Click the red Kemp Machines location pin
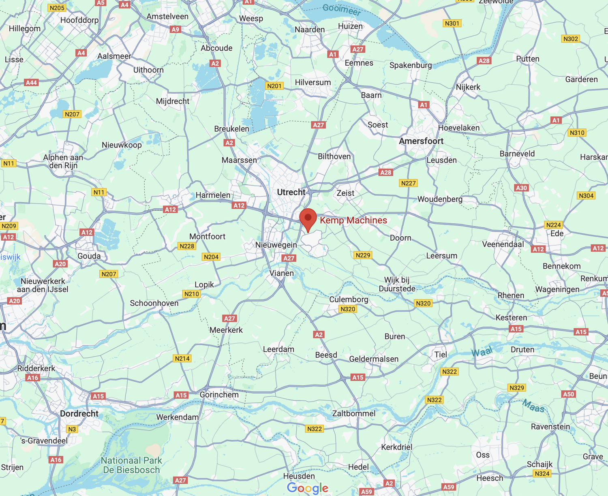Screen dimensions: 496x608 (x=308, y=219)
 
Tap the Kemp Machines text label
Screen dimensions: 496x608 (x=353, y=220)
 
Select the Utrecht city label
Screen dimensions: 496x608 (x=291, y=192)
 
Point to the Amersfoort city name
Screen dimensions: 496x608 (x=421, y=141)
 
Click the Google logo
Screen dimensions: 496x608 (x=308, y=488)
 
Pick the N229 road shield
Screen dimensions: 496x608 (x=363, y=255)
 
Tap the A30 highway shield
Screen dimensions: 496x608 (x=521, y=188)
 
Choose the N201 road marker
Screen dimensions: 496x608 (x=274, y=86)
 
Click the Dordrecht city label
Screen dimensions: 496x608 (x=79, y=414)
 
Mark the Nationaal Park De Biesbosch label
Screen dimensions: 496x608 (x=131, y=465)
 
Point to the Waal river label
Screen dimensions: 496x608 (x=482, y=352)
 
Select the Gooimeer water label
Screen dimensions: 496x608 (x=342, y=9)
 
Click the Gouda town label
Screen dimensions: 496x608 (x=89, y=256)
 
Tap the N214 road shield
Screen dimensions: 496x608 (x=182, y=358)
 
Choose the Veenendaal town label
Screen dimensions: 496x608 (x=503, y=244)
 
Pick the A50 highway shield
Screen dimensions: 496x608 (x=569, y=394)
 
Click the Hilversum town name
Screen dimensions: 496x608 (x=313, y=82)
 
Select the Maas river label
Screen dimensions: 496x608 (x=533, y=406)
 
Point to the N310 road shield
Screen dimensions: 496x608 (x=577, y=133)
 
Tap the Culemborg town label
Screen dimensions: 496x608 (x=349, y=299)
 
